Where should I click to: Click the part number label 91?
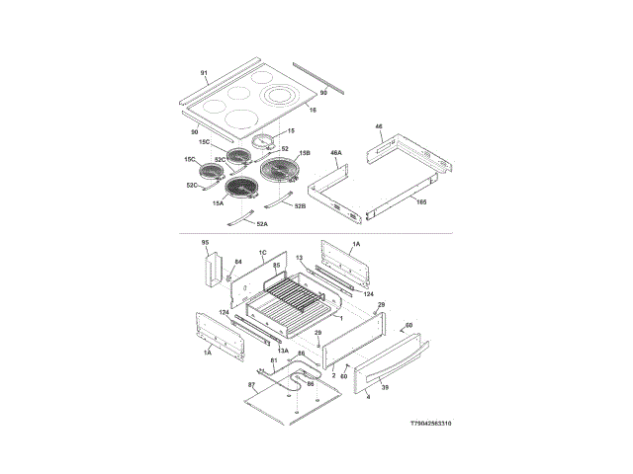(x=204, y=74)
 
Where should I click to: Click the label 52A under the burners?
(x=261, y=224)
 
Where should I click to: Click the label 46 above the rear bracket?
(x=378, y=126)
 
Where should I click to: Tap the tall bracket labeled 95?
(x=211, y=270)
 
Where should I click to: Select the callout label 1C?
(x=263, y=253)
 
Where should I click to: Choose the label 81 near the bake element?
(x=274, y=360)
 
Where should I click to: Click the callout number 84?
(x=237, y=263)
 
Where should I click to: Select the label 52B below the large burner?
(x=300, y=206)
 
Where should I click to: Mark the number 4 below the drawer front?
(x=368, y=396)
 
